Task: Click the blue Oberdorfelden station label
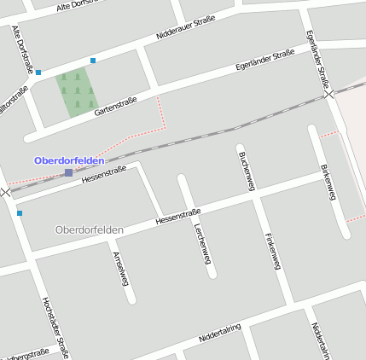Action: pyautogui.click(x=69, y=160)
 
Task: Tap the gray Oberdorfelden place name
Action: pyautogui.click(x=89, y=230)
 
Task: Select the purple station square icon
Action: pyautogui.click(x=68, y=173)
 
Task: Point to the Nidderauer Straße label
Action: pyautogui.click(x=186, y=32)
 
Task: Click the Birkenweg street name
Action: pyautogui.click(x=329, y=182)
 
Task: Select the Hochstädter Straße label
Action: pyautogui.click(x=55, y=327)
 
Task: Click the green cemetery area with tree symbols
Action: pyautogui.click(x=77, y=92)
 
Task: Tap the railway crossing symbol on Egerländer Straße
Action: pyautogui.click(x=329, y=94)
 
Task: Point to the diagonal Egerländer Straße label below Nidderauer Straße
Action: pyautogui.click(x=264, y=61)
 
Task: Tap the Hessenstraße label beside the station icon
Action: pyautogui.click(x=103, y=176)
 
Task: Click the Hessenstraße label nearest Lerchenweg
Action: pyautogui.click(x=177, y=217)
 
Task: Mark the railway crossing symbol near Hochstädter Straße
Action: pyautogui.click(x=7, y=193)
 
